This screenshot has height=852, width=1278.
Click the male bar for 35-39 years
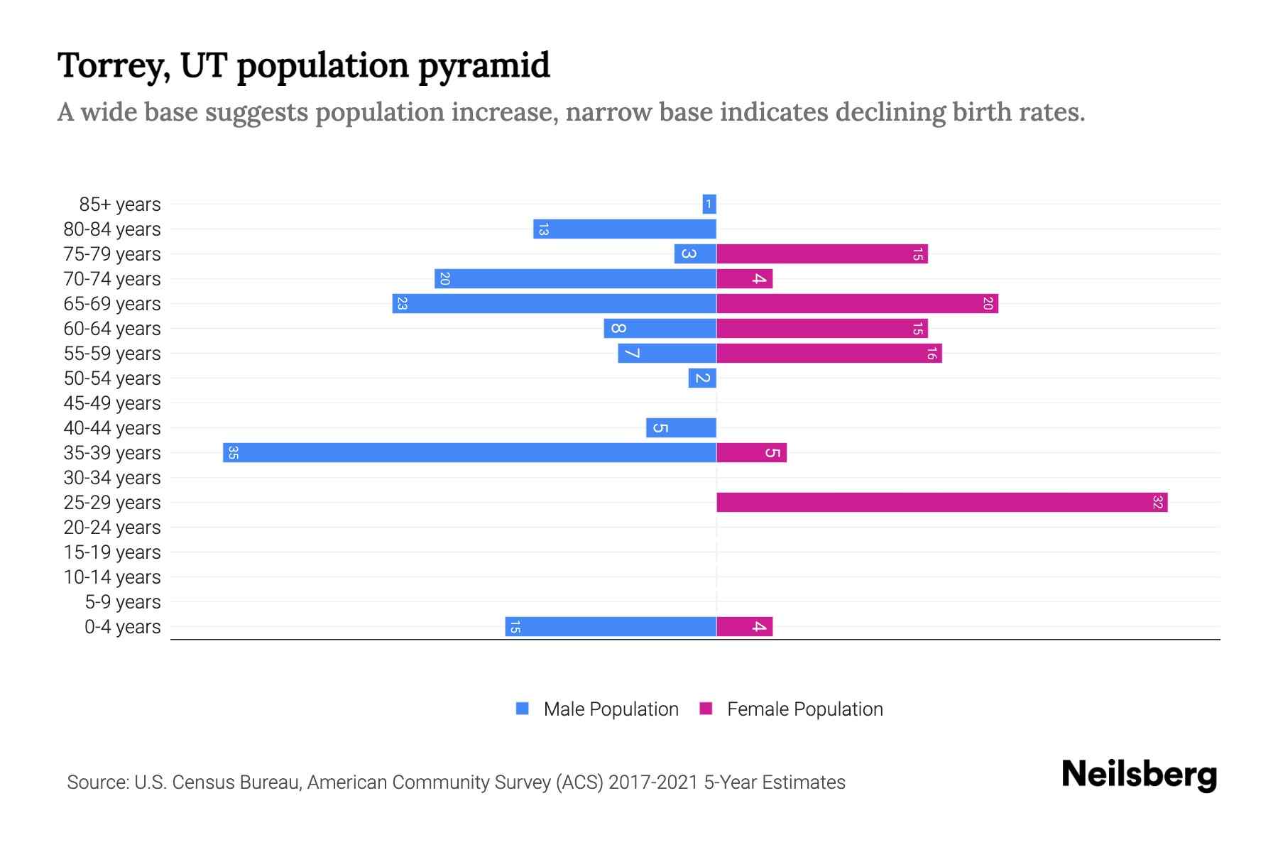[x=469, y=452]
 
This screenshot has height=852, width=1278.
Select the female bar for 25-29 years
[x=941, y=502]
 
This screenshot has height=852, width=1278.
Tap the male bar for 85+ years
[x=709, y=204]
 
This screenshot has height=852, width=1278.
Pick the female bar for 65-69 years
[x=857, y=303]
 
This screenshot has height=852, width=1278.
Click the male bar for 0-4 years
[x=611, y=626]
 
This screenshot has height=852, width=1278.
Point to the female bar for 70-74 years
[x=744, y=278]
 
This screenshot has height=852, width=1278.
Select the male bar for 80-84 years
[x=625, y=229]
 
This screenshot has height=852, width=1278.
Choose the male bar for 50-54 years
[x=702, y=378]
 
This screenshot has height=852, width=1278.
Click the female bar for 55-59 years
[x=829, y=353]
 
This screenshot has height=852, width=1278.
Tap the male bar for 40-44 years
[x=681, y=427]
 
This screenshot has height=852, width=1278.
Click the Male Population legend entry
[x=610, y=709]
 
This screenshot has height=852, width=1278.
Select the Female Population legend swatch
[x=706, y=709]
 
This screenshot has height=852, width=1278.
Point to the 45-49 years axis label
[x=112, y=403]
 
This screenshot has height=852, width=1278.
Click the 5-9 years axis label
[x=122, y=601]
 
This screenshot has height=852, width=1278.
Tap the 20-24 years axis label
[x=112, y=527]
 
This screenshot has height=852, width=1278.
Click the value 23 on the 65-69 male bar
[x=402, y=303]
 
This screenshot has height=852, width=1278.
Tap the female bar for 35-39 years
[x=751, y=452]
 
